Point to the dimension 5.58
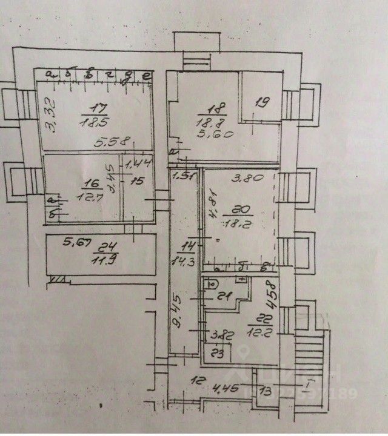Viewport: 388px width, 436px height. (x=115, y=143)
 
